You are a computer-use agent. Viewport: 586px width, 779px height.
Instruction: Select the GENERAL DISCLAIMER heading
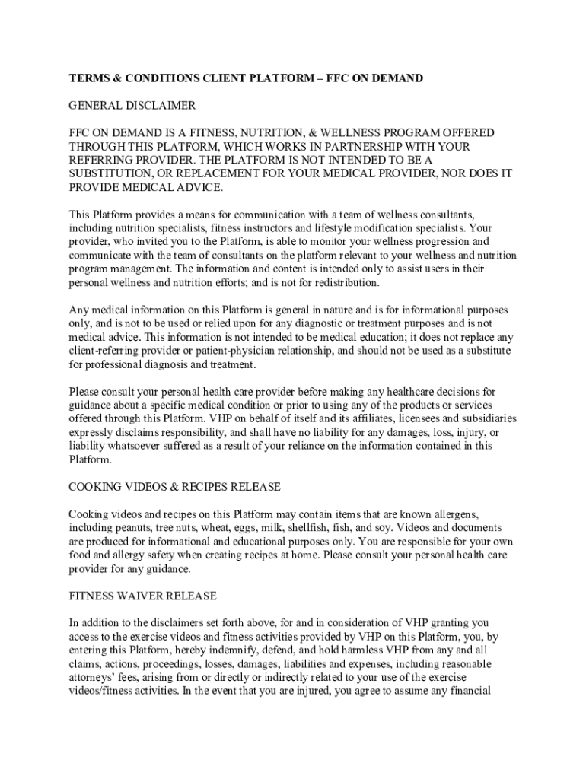[132, 105]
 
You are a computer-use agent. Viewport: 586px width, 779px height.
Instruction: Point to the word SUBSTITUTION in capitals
[112, 173]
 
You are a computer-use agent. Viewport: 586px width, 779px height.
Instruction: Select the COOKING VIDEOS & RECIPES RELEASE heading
[175, 486]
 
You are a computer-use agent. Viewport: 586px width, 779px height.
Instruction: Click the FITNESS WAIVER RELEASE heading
[143, 596]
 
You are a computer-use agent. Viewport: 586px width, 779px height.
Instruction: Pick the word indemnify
[260, 650]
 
